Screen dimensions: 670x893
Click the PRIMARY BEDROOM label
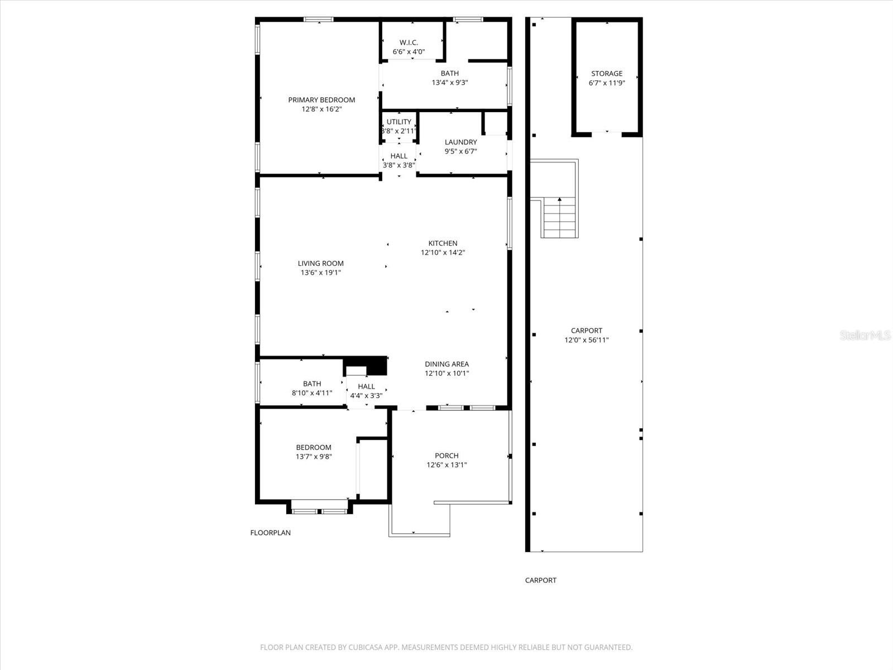coord(321,100)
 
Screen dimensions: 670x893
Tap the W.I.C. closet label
coord(409,42)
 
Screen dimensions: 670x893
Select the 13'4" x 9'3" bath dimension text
coord(449,83)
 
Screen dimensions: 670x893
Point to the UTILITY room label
coord(399,122)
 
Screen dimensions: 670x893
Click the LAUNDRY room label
coord(460,142)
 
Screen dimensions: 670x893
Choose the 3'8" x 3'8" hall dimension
coord(399,165)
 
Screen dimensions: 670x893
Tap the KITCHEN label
coord(443,243)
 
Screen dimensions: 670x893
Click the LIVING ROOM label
coord(320,264)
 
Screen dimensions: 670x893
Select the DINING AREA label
coord(446,364)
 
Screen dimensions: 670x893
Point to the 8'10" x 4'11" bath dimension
coord(311,393)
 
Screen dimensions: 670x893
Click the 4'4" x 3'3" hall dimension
coord(366,396)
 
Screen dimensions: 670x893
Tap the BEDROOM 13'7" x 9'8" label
coord(314,447)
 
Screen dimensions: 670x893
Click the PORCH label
coord(446,456)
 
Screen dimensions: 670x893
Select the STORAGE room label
coord(607,74)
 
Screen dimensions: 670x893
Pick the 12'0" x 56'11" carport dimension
coord(586,340)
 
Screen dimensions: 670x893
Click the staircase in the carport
coord(559,218)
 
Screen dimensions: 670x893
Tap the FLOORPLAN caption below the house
coord(270,533)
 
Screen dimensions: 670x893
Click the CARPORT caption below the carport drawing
coord(540,580)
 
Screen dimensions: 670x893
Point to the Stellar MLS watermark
coord(866,335)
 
